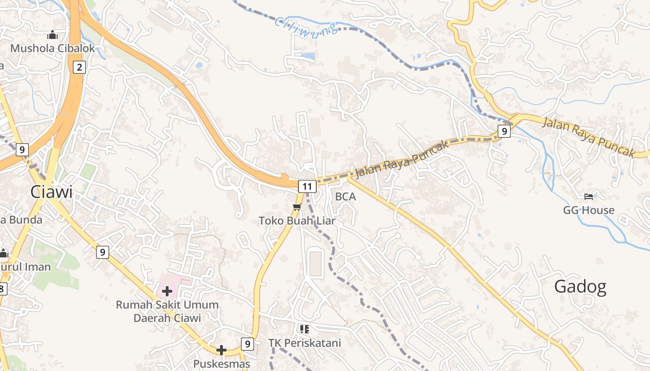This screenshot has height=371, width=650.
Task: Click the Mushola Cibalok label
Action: [x=52, y=48]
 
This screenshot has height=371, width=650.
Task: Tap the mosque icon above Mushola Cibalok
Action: [x=52, y=35]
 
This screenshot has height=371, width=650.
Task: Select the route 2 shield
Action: [x=79, y=68]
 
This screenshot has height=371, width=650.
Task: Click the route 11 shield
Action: [x=307, y=187]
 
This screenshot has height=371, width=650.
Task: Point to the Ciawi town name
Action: [x=52, y=192]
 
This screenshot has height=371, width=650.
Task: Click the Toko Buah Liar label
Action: [x=297, y=221]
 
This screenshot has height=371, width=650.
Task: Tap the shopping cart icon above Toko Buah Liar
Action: [x=297, y=207]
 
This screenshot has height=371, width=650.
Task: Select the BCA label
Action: [x=345, y=197]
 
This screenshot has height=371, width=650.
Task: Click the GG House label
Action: [x=589, y=210]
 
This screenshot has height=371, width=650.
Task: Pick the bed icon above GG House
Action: [x=589, y=197]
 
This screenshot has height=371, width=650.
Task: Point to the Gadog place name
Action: [x=580, y=287]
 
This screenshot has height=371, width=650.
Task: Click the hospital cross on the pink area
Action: [x=167, y=291]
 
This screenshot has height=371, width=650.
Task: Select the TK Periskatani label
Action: [x=305, y=343]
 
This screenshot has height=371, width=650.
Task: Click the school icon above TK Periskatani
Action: [x=305, y=329]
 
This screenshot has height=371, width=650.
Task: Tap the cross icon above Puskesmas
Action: [x=221, y=350]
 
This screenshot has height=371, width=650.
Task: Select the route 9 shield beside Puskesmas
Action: [x=247, y=344]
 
